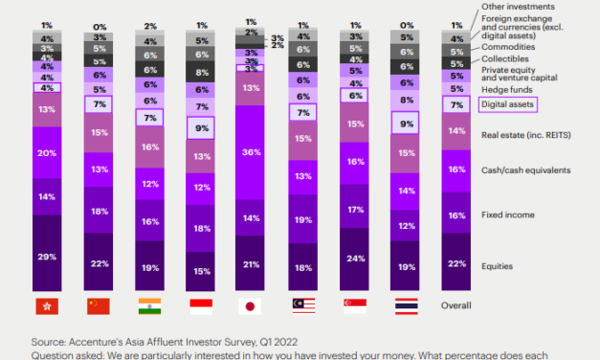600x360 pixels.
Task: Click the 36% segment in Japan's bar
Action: [x=251, y=151]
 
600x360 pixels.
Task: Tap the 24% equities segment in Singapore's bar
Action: [x=355, y=258]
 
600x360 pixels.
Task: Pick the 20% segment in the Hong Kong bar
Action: [x=46, y=151]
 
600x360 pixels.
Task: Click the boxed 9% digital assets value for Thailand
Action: [x=407, y=123]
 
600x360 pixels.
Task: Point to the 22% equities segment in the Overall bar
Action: [x=458, y=263]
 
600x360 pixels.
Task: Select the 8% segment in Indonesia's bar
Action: [x=200, y=73]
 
